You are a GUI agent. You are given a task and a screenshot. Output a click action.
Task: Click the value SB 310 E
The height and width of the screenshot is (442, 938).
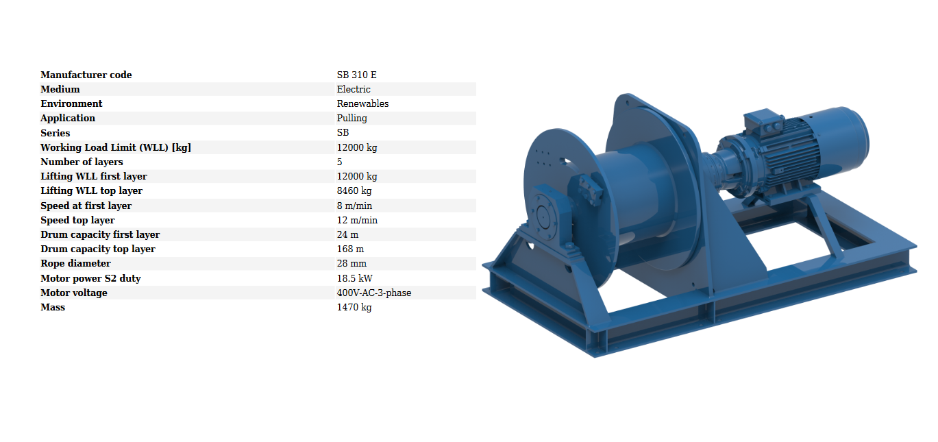click(356, 75)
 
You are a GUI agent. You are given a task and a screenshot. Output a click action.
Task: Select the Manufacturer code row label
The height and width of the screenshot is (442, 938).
click(86, 75)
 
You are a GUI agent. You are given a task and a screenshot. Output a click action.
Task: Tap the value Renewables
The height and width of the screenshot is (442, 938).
click(362, 103)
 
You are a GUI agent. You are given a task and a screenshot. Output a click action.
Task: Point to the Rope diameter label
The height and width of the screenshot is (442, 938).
click(76, 264)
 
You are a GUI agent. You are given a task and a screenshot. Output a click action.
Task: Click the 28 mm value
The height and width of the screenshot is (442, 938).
click(351, 264)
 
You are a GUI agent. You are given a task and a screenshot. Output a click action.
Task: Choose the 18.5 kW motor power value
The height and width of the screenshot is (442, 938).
click(354, 278)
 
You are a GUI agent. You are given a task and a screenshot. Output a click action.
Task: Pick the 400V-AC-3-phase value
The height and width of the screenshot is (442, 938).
click(374, 293)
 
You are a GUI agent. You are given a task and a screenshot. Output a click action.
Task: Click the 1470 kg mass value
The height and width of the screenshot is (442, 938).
click(354, 308)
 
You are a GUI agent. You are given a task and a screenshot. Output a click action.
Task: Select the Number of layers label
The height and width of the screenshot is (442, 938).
click(82, 162)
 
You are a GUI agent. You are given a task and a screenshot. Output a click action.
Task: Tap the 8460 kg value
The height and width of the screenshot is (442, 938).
click(354, 191)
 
